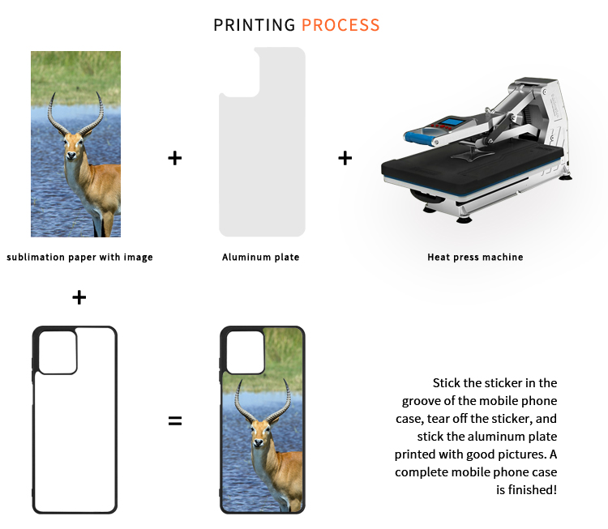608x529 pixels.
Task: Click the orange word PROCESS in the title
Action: [340, 25]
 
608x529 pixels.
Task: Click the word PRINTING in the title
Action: [255, 25]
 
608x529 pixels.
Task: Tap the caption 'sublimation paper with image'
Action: [80, 258]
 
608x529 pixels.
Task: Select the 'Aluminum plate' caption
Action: [260, 258]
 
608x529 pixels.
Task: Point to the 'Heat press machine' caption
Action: [475, 258]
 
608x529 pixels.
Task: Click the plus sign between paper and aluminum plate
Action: [175, 158]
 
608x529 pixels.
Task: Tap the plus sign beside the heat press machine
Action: [345, 158]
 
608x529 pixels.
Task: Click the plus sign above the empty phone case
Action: [79, 297]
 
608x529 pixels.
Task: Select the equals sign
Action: [175, 420]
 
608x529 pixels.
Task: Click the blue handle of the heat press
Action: [419, 137]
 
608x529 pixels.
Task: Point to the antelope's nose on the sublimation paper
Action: [71, 156]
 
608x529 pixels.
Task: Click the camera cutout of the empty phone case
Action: [58, 352]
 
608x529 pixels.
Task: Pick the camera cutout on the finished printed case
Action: [246, 352]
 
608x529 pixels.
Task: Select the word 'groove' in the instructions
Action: [421, 401]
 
